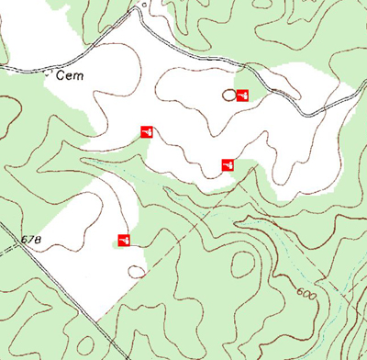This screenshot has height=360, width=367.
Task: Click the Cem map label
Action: [70, 76]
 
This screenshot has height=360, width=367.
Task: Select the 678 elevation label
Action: [30, 240]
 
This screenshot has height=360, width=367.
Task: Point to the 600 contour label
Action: [307, 292]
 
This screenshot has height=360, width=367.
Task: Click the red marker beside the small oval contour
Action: [243, 95]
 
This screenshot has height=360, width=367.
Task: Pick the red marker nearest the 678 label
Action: [123, 241]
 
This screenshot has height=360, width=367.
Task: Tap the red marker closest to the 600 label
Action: [228, 164]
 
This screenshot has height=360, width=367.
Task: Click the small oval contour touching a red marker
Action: [228, 95]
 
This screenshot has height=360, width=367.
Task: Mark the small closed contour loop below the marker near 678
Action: [137, 271]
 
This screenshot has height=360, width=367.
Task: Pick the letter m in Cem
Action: [78, 77]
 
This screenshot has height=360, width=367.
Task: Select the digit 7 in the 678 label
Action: [30, 240]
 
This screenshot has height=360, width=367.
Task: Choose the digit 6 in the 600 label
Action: [300, 291]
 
